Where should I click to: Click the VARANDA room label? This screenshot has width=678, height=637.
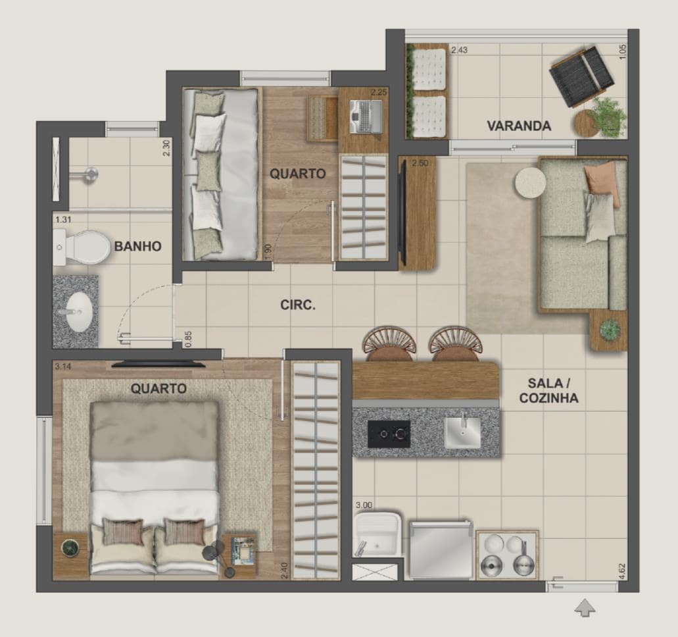[519, 126]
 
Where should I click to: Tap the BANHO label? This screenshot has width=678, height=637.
[137, 246]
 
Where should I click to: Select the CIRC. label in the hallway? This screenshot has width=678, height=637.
[298, 305]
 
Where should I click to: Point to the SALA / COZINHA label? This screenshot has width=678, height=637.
[548, 390]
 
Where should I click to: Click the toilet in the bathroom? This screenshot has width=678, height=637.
[82, 247]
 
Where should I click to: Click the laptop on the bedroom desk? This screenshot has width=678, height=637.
[366, 116]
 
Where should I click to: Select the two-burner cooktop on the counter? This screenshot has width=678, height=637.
[389, 434]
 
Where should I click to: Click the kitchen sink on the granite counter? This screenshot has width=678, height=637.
[462, 431]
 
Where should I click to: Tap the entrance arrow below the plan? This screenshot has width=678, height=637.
[585, 607]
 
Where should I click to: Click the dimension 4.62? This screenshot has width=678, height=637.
[622, 571]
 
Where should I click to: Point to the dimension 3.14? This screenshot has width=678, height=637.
[63, 367]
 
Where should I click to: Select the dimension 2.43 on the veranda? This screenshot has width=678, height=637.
[459, 50]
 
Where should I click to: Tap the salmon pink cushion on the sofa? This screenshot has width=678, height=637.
[600, 178]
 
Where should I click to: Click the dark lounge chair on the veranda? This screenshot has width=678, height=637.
[582, 76]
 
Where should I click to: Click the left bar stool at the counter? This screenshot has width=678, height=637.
[389, 344]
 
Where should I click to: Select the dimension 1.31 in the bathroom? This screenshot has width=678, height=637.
[63, 219]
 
